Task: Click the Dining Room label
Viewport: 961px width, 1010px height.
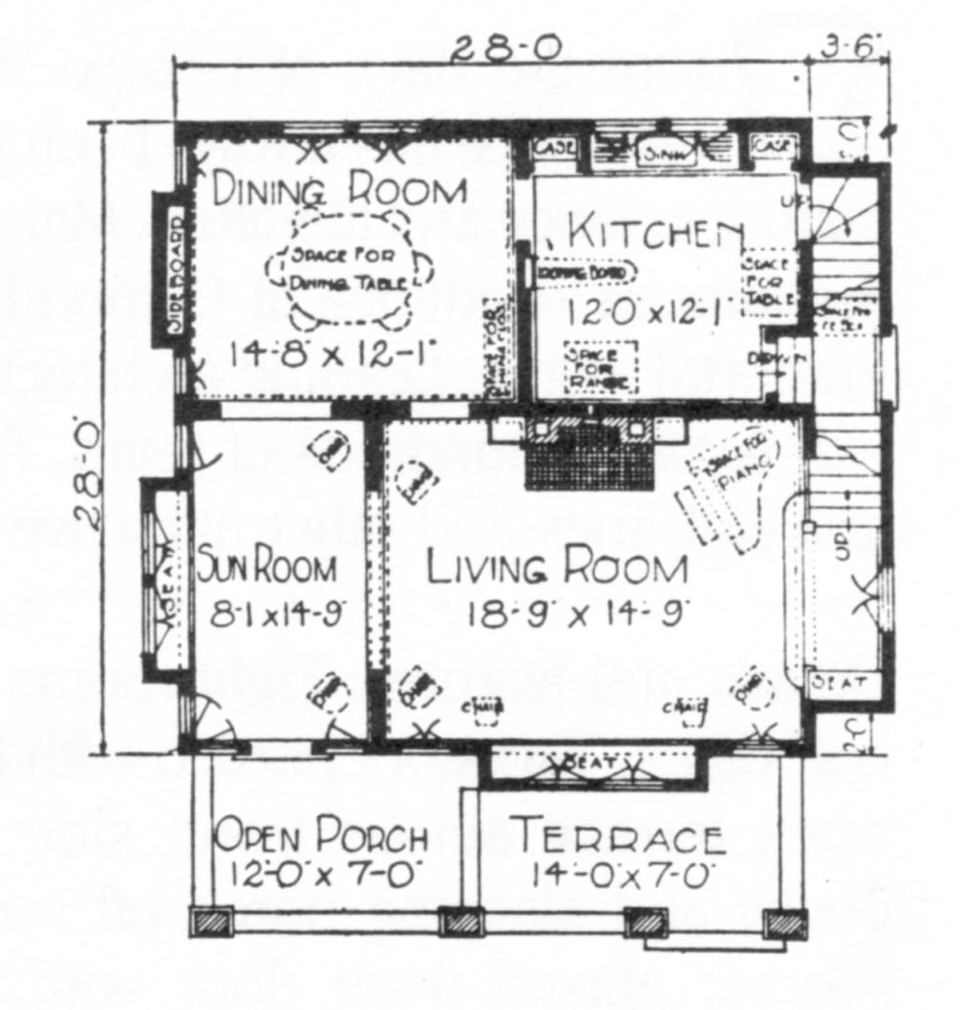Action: point(339,191)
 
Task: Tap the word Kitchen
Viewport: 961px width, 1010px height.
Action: point(655,232)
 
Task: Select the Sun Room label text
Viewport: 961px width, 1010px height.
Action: point(267,569)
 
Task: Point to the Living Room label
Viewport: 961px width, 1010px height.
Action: point(556,568)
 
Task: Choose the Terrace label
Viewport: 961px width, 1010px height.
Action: point(619,837)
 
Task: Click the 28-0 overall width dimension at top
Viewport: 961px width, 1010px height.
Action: point(506,48)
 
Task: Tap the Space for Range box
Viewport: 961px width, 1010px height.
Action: point(600,367)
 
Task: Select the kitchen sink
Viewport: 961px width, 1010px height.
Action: point(653,150)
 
